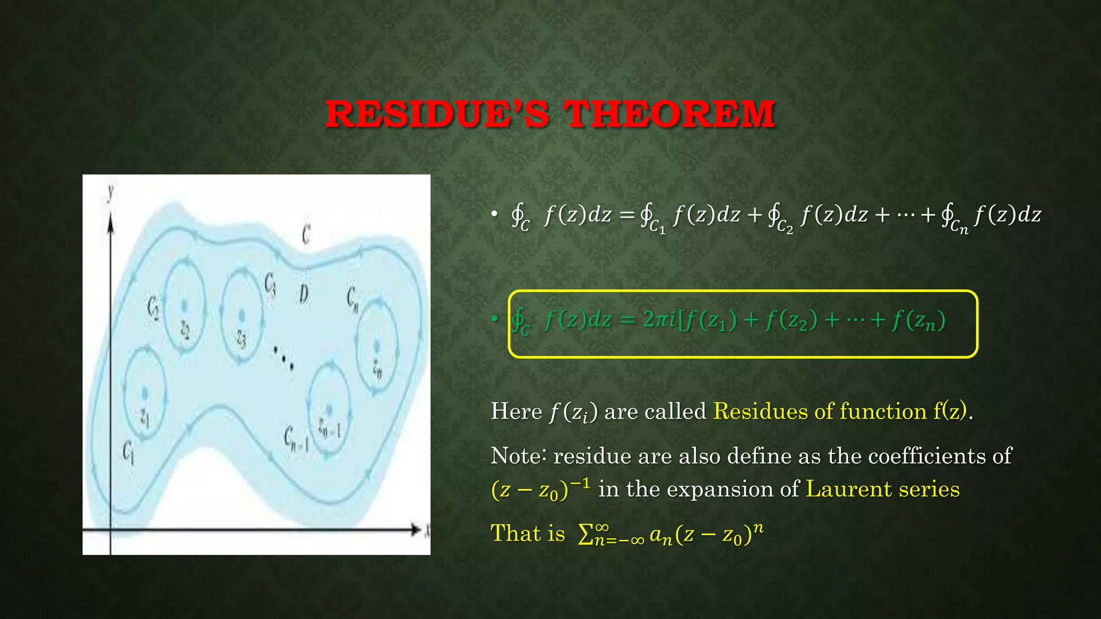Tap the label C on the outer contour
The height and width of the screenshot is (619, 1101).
(306, 234)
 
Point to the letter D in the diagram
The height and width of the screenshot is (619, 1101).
(304, 294)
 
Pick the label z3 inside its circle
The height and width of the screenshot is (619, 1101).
(241, 339)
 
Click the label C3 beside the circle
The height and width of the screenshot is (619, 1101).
(270, 284)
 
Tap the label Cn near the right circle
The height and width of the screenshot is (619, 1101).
(352, 299)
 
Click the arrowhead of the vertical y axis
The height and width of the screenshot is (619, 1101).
(111, 222)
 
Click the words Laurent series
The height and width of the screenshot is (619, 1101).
(882, 489)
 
